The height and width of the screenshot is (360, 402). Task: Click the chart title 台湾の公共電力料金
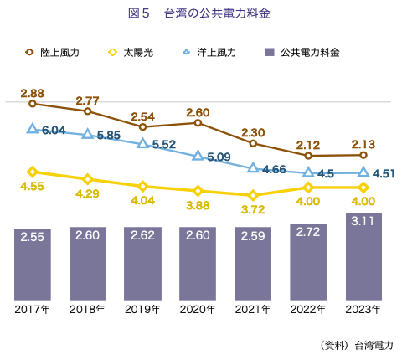pos(204,14)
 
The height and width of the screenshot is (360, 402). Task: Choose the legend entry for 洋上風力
pos(210,52)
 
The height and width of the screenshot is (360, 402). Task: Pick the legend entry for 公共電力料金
pos(302,52)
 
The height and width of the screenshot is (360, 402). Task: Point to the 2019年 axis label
pos(142,310)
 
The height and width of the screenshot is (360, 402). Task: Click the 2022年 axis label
pos(308,310)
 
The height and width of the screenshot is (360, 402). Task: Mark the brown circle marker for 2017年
pos(33,104)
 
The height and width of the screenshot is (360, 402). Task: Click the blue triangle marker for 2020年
pos(198,155)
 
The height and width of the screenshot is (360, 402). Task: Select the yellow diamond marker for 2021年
pos(254,196)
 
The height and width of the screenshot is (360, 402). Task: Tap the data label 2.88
pos(33,91)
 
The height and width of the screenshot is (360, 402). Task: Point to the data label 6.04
pos(54,130)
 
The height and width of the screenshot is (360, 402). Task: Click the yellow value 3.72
pos(254,209)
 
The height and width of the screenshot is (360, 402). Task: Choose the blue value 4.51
pos(384,174)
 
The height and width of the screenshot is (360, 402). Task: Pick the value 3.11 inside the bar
pos(363,224)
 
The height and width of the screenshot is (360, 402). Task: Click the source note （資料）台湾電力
pos(356,344)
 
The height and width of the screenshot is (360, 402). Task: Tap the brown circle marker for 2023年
pos(363,155)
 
